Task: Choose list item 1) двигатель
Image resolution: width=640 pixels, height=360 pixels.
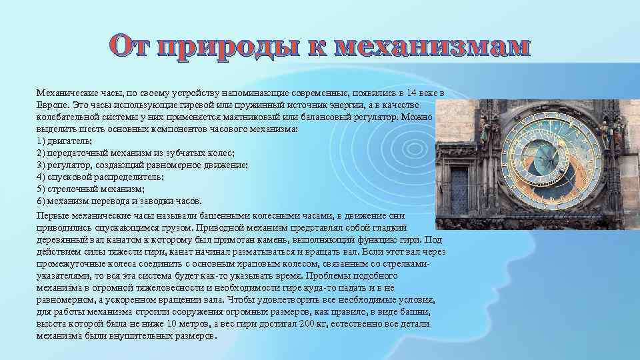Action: coord(65,141)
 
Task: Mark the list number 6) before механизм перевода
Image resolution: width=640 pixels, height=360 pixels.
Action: coord(41,201)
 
